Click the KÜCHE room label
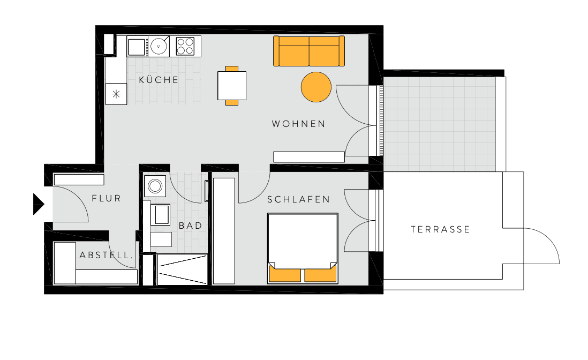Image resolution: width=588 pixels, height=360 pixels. [159, 80]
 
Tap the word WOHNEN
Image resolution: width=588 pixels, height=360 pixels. [298, 124]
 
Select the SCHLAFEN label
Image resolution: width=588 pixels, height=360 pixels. [298, 199]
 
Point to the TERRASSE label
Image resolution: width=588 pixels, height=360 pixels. [440, 229]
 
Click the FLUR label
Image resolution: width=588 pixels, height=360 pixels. [107, 198]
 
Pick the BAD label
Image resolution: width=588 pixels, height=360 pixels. [191, 226]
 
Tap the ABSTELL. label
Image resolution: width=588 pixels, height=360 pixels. [106, 256]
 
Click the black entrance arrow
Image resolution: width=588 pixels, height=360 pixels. [38, 204]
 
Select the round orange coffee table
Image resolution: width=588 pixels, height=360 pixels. [316, 87]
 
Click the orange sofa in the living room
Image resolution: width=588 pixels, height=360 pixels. [309, 51]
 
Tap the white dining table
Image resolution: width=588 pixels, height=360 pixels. [232, 85]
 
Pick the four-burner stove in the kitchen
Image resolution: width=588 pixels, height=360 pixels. [185, 46]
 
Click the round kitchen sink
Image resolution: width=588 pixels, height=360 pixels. [159, 46]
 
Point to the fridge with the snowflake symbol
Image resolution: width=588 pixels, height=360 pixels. [116, 94]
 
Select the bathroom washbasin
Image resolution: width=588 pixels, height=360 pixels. [161, 215]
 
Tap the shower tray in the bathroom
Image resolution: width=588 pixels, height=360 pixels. [182, 269]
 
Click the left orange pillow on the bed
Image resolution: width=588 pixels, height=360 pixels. [285, 274]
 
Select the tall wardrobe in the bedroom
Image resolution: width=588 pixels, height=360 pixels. [224, 231]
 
